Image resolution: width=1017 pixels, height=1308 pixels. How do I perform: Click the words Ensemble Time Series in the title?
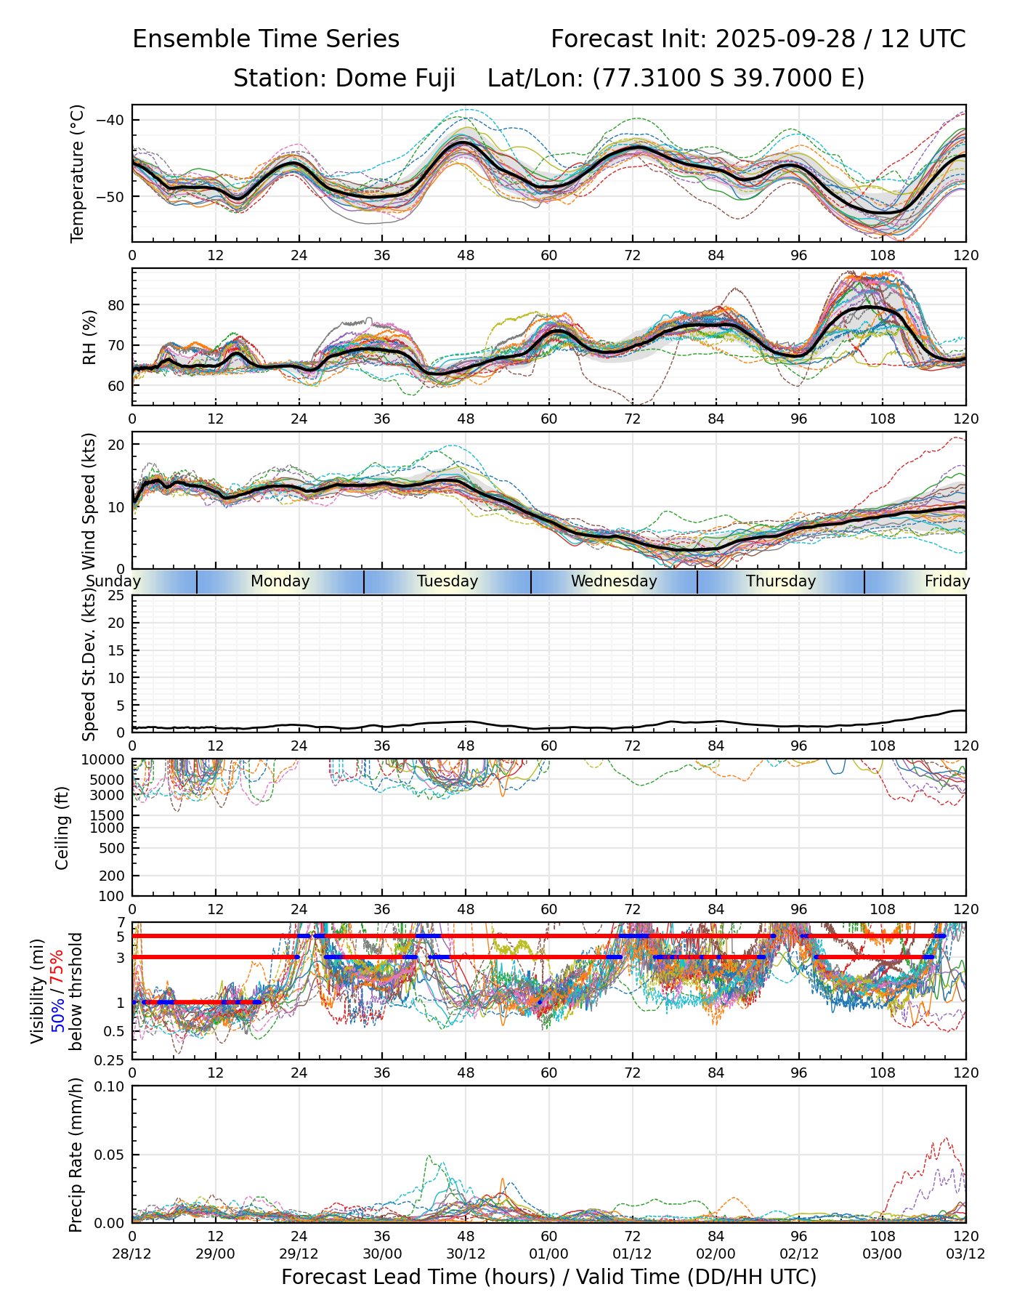click(266, 39)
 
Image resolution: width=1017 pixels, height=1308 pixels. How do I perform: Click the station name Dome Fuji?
click(395, 78)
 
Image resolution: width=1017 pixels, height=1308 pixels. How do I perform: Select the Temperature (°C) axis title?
click(78, 173)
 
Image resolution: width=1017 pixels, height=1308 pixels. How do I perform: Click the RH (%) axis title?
click(89, 337)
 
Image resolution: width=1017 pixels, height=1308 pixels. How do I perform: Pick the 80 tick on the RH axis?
click(117, 305)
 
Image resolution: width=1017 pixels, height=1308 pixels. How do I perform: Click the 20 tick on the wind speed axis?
click(117, 445)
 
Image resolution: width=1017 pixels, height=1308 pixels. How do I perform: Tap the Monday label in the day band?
click(280, 581)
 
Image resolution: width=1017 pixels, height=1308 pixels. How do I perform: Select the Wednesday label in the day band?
click(614, 581)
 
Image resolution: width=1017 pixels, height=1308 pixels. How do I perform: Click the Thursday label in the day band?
click(781, 581)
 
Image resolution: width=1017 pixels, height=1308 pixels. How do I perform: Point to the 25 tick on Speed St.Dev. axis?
click(116, 596)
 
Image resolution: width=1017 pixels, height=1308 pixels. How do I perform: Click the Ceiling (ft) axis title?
click(62, 828)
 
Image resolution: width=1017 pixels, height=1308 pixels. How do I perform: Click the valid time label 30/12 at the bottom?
click(466, 1253)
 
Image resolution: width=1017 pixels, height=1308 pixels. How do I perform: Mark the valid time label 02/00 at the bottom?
click(716, 1253)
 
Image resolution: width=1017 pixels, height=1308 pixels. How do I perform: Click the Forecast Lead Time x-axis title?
click(548, 1277)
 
